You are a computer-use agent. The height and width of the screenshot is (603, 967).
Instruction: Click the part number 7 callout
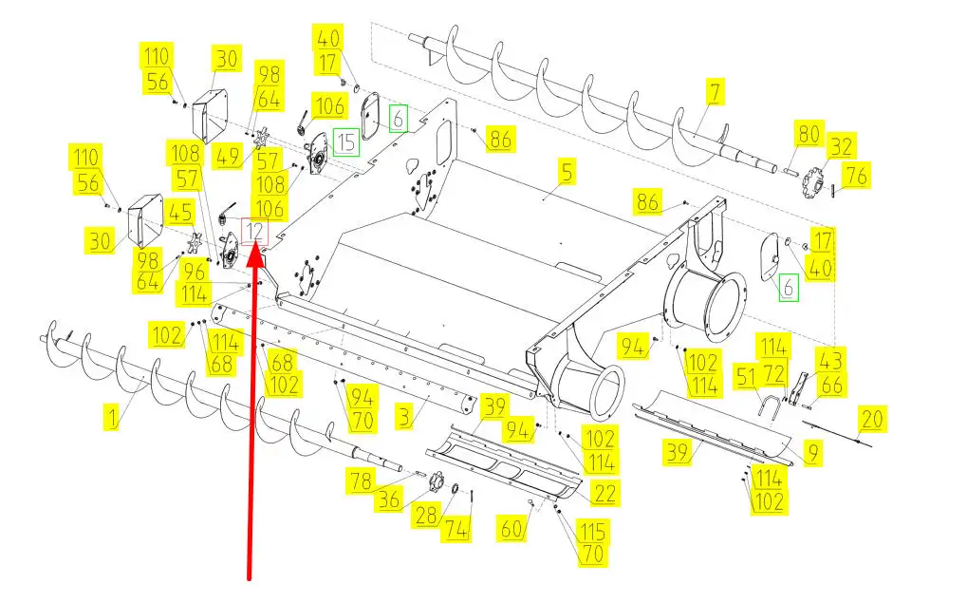coord(715,91)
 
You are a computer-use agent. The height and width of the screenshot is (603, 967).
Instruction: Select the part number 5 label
coord(567,173)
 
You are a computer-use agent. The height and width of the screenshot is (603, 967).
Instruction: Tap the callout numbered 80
coord(808,134)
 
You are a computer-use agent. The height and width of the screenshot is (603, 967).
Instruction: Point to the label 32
coord(841,146)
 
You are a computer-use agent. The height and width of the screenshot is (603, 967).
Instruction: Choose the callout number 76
coord(855,176)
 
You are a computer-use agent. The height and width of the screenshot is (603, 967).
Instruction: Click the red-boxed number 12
coord(255,230)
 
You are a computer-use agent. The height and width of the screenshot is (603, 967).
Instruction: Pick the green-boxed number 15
coord(347,141)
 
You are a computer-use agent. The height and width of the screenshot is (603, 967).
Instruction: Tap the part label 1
coord(111,415)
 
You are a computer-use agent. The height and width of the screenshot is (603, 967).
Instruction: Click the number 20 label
coord(873,418)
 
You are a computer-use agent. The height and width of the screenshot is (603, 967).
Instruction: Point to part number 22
coord(604,493)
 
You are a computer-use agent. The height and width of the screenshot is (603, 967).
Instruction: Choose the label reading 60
coord(512,528)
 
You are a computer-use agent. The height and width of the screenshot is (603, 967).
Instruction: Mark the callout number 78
coord(362,481)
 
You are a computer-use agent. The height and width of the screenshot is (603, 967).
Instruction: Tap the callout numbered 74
coord(457,530)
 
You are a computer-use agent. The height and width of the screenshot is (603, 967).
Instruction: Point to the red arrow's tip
coord(256,245)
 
